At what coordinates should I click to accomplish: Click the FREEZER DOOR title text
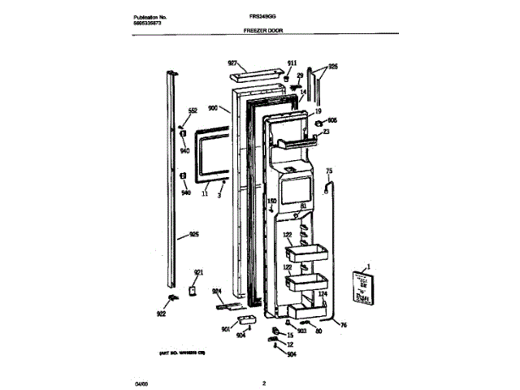[x=263, y=29]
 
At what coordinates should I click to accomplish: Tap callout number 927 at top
[x=232, y=63]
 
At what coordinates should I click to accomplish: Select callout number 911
[x=292, y=63]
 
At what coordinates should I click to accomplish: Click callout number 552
[x=193, y=110]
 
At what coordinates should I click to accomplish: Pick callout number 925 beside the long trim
[x=193, y=235]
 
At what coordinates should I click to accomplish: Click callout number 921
[x=197, y=272]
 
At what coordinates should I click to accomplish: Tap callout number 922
[x=162, y=314]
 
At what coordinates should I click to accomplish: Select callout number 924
[x=217, y=291]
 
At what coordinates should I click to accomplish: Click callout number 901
[x=225, y=329]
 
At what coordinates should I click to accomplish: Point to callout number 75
[x=329, y=171]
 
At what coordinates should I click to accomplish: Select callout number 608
[x=331, y=120]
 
